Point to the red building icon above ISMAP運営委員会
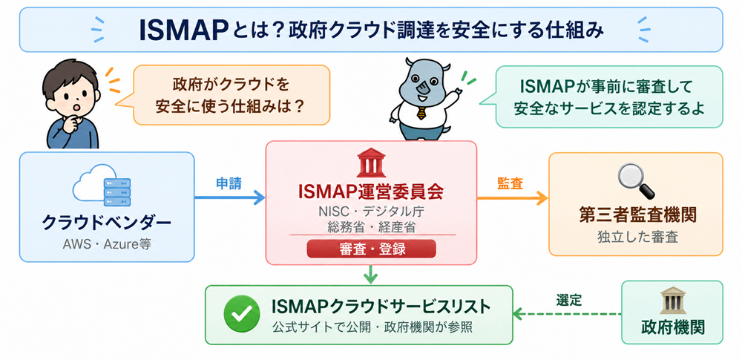click(371, 163)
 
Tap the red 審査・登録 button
click(371, 249)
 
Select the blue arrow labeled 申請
click(230, 197)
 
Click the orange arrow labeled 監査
click(513, 197)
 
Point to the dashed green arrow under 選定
click(567, 313)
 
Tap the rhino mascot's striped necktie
click(421, 113)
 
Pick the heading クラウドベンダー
click(107, 223)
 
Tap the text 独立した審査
click(637, 236)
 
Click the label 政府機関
click(672, 327)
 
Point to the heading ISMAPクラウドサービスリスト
click(381, 307)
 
